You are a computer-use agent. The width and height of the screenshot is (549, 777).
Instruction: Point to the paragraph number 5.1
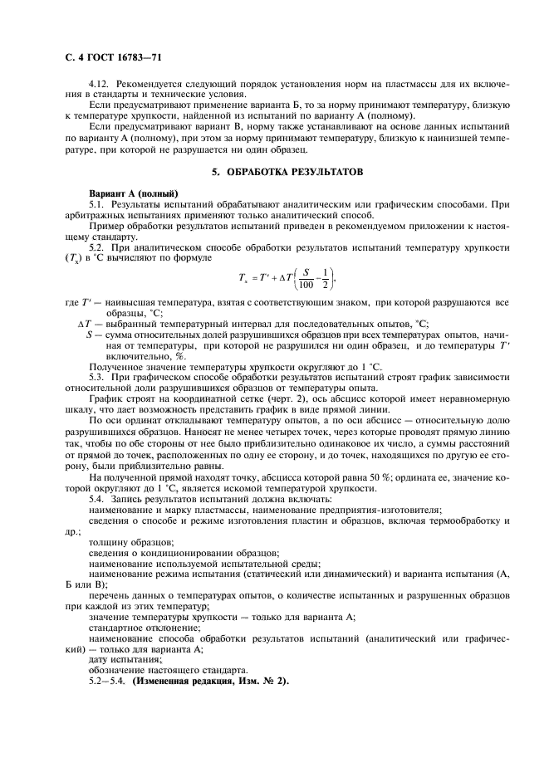pos(96,203)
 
